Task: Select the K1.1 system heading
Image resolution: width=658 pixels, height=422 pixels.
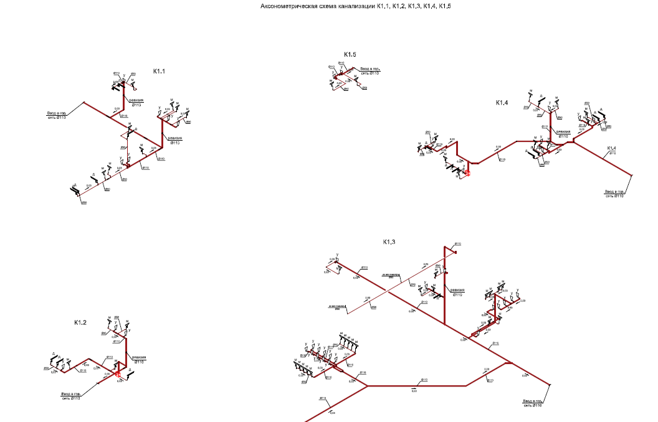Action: coord(160,72)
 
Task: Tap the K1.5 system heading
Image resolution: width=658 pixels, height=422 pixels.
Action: coord(350,55)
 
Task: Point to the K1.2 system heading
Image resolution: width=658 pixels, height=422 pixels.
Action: coord(80,322)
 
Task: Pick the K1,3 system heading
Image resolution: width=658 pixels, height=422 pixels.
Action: coord(390,241)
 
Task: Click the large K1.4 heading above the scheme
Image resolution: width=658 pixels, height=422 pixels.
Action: coord(502,102)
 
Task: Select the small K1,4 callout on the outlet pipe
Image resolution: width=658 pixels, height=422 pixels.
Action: coord(611,148)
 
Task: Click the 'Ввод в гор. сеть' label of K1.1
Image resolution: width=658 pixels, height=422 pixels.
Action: coord(57,115)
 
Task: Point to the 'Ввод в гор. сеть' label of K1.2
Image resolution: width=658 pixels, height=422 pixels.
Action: coord(70,396)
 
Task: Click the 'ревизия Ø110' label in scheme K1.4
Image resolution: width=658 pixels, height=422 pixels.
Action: coord(563,133)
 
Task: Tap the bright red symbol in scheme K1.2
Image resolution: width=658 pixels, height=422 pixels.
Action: coord(118,374)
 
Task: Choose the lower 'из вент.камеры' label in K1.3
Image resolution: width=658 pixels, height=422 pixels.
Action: coord(337,306)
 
